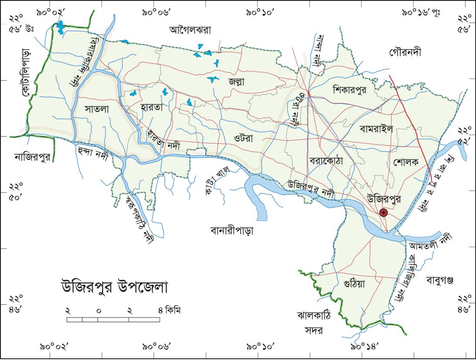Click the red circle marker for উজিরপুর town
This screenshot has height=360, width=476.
tap(383, 212)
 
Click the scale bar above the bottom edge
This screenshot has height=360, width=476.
tap(113, 320)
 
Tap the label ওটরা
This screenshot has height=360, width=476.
tap(244, 139)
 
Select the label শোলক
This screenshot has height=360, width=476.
tap(405, 162)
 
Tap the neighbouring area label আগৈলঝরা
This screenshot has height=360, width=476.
tap(190, 30)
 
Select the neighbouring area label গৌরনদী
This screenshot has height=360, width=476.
tap(405, 53)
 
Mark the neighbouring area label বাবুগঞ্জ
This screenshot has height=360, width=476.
tap(440, 279)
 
